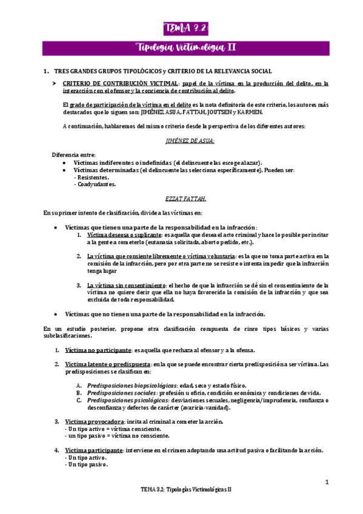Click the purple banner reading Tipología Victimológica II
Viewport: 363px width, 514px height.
(181, 47)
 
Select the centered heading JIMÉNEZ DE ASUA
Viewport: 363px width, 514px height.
(182, 141)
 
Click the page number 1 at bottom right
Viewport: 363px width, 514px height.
(326, 482)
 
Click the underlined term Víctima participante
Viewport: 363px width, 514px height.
(94, 450)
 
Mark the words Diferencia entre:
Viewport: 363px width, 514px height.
(73, 156)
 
